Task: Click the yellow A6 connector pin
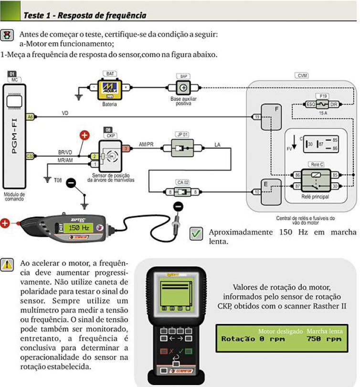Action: pyautogui.click(x=30, y=116)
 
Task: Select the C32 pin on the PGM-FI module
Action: pyautogui.click(x=30, y=156)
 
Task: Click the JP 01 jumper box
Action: pyautogui.click(x=180, y=148)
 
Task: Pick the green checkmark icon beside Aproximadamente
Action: pyautogui.click(x=196, y=234)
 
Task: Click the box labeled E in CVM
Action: pyautogui.click(x=270, y=191)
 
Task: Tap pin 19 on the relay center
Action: pyautogui.click(x=256, y=117)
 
